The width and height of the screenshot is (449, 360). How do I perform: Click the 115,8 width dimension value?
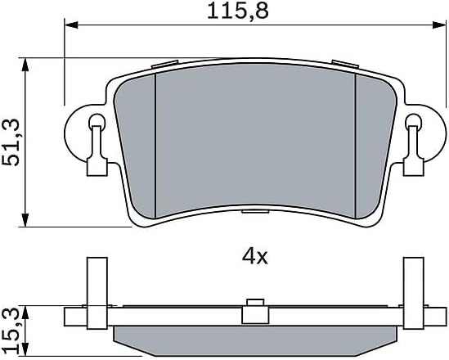pos(238,11)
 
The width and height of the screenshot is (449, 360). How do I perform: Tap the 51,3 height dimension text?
pos(11,142)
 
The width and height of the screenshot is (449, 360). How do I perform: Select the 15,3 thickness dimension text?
pos(11,331)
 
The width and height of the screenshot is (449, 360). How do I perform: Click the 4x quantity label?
pos(254,257)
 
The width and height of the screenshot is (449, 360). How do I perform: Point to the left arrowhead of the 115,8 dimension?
pos(71,25)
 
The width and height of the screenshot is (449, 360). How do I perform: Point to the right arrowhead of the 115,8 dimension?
pos(439,25)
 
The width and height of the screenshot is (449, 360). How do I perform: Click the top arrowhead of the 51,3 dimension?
pos(26,65)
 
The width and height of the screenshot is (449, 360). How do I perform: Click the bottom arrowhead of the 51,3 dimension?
pos(26,220)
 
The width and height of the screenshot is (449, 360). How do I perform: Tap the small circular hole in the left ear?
pos(97,120)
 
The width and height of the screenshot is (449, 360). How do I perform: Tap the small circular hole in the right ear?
pos(414,120)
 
